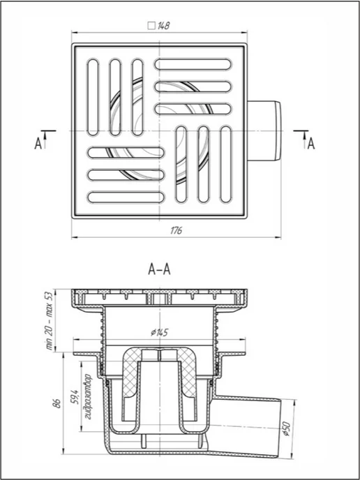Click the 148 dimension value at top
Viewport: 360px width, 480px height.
(x=163, y=26)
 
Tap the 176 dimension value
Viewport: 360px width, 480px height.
(x=177, y=230)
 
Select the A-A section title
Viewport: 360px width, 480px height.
(x=159, y=270)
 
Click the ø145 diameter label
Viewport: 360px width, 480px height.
(x=160, y=333)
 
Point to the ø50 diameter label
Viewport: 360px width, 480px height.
(x=287, y=430)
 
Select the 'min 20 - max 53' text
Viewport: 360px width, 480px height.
(x=49, y=320)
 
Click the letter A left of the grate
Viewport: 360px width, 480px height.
(x=38, y=144)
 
